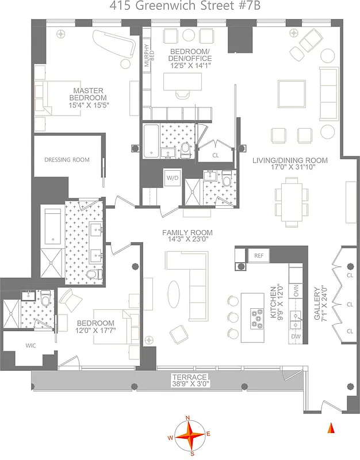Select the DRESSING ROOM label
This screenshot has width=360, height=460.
click(x=67, y=160)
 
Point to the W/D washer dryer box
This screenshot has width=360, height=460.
click(x=173, y=178)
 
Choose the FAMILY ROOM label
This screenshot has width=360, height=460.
click(x=187, y=233)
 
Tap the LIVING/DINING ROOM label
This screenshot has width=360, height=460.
click(x=290, y=160)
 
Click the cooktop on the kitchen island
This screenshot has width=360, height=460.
click(x=256, y=317)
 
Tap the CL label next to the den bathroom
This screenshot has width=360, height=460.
click(x=216, y=155)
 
